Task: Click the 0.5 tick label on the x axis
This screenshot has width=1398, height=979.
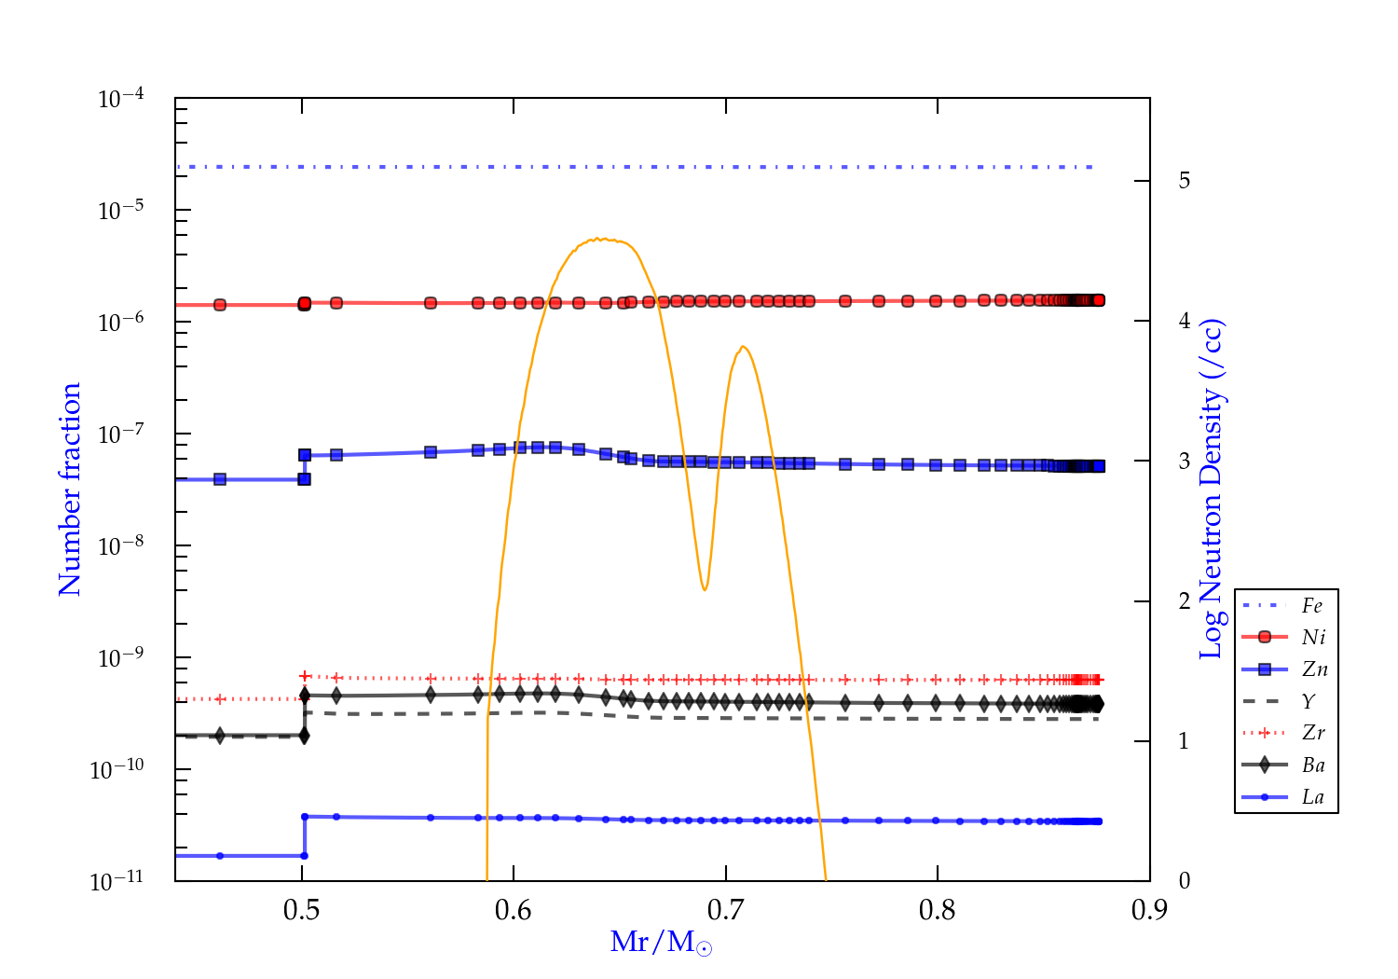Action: (x=301, y=910)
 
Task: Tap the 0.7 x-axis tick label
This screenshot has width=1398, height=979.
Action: (x=725, y=910)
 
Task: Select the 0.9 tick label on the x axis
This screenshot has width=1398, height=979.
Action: (x=1149, y=910)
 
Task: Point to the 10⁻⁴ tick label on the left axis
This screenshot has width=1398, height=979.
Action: (x=120, y=98)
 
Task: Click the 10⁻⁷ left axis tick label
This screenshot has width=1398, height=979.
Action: (x=120, y=434)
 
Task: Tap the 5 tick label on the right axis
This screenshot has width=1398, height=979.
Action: (x=1184, y=181)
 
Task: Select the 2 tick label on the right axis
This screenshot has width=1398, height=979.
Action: (x=1184, y=601)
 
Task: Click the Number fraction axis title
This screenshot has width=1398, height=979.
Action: (x=71, y=489)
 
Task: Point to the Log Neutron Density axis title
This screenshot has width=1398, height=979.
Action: (x=1212, y=489)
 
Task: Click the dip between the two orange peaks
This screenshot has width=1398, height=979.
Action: (x=705, y=589)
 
